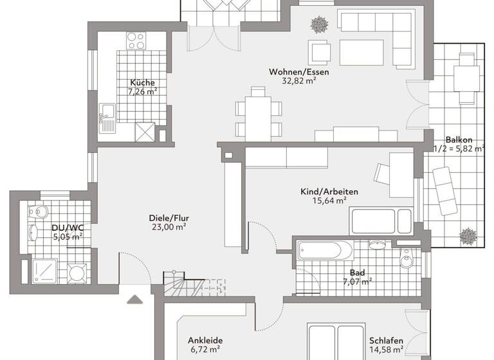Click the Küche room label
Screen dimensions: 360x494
[142, 82]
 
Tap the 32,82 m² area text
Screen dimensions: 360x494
[298, 82]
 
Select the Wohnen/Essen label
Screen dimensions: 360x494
[298, 72]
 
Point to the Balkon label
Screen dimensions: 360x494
[459, 139]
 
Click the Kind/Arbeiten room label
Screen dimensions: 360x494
[329, 192]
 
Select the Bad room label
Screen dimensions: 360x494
[358, 272]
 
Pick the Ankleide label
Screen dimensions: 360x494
[205, 341]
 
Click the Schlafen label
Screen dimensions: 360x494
[386, 341]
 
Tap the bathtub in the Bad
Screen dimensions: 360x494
[324, 249]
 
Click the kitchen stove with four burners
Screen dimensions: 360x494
[136, 41]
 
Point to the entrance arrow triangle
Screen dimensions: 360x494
[135, 299]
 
